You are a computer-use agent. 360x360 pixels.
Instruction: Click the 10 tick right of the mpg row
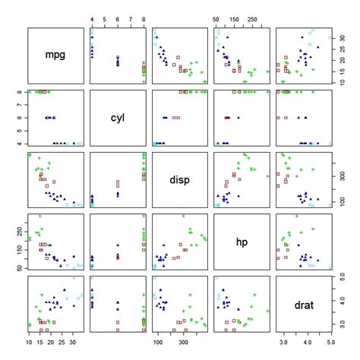click(343, 80)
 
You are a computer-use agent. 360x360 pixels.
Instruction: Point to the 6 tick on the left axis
click(17, 118)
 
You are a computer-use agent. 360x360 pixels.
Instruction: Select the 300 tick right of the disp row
click(343, 174)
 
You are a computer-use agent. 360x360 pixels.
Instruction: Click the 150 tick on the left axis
click(17, 245)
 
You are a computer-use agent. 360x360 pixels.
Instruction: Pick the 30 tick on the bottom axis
click(73, 344)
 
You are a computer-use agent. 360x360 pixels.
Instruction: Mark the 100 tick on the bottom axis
click(158, 344)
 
